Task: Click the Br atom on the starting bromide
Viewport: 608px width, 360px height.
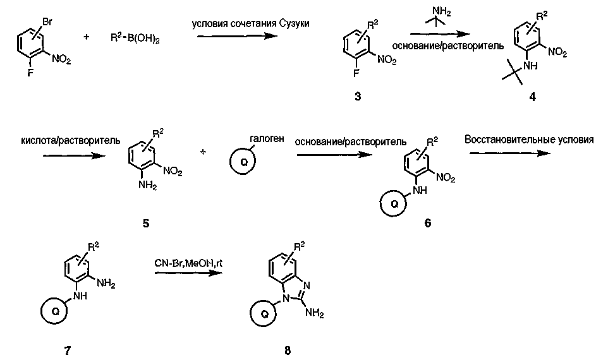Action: point(47,21)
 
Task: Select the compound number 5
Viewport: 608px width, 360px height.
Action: point(146,223)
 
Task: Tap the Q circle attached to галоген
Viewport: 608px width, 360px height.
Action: point(242,161)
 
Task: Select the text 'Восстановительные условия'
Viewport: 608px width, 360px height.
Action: point(529,139)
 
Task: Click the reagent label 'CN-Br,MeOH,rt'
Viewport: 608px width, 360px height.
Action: point(188,261)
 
